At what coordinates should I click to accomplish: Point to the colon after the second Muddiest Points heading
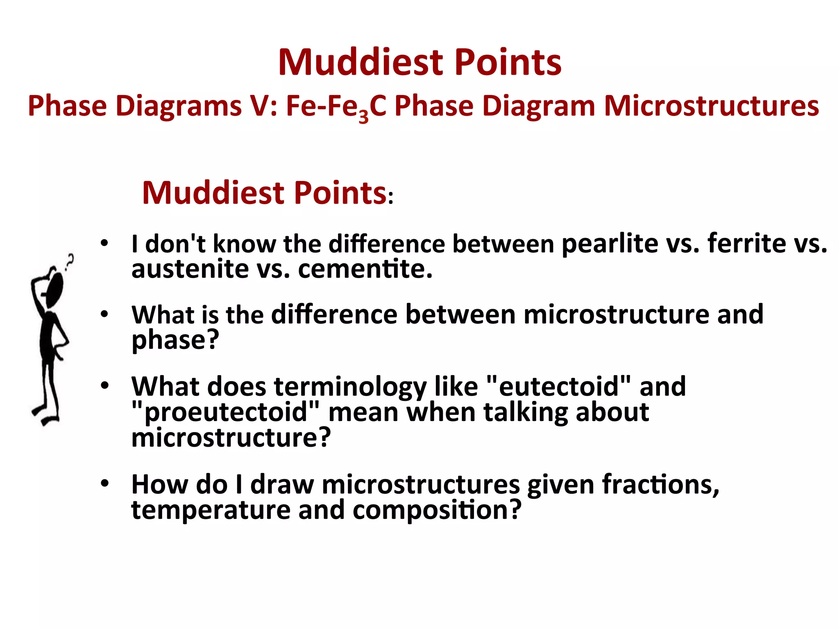pyautogui.click(x=391, y=198)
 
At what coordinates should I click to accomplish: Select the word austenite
pyautogui.click(x=190, y=269)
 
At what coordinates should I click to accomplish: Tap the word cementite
pyautogui.click(x=365, y=269)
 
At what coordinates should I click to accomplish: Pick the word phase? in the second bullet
pyautogui.click(x=175, y=340)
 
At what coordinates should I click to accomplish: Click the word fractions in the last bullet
pyautogui.click(x=660, y=484)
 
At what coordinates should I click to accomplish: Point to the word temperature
pyautogui.click(x=211, y=510)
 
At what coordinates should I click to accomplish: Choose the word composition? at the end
pyautogui.click(x=437, y=510)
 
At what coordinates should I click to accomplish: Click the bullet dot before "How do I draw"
pyautogui.click(x=105, y=484)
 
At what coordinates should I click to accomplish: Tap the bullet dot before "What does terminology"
pyautogui.click(x=105, y=385)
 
